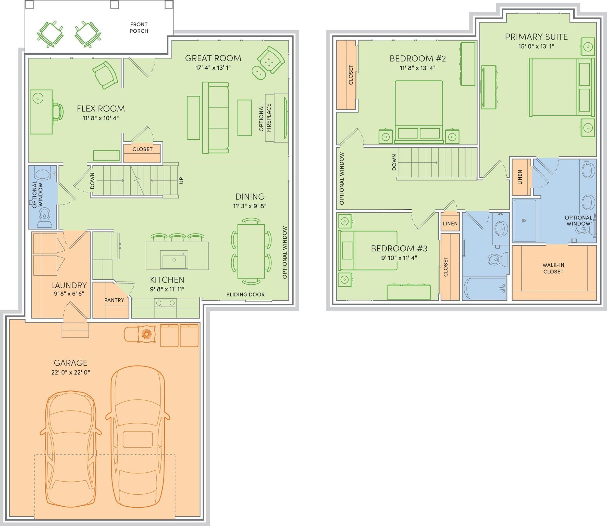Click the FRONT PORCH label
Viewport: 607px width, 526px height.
click(139, 28)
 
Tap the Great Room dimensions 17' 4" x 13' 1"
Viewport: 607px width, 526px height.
click(213, 68)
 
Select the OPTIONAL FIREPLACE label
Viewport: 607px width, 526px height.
click(265, 117)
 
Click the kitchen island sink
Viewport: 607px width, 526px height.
click(174, 260)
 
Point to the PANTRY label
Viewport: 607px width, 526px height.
click(114, 300)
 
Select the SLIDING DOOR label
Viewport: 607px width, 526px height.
click(245, 295)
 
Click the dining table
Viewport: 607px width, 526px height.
click(251, 251)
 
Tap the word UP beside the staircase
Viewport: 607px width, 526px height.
click(181, 180)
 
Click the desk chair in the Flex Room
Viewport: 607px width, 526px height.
click(58, 112)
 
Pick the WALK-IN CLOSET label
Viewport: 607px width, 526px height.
click(553, 268)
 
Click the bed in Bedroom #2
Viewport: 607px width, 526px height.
click(419, 112)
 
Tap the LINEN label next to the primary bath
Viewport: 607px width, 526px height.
click(520, 177)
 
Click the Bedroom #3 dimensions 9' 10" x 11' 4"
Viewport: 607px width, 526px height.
click(399, 258)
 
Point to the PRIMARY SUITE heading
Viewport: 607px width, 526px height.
click(536, 37)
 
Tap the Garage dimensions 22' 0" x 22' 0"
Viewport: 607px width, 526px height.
click(70, 372)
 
